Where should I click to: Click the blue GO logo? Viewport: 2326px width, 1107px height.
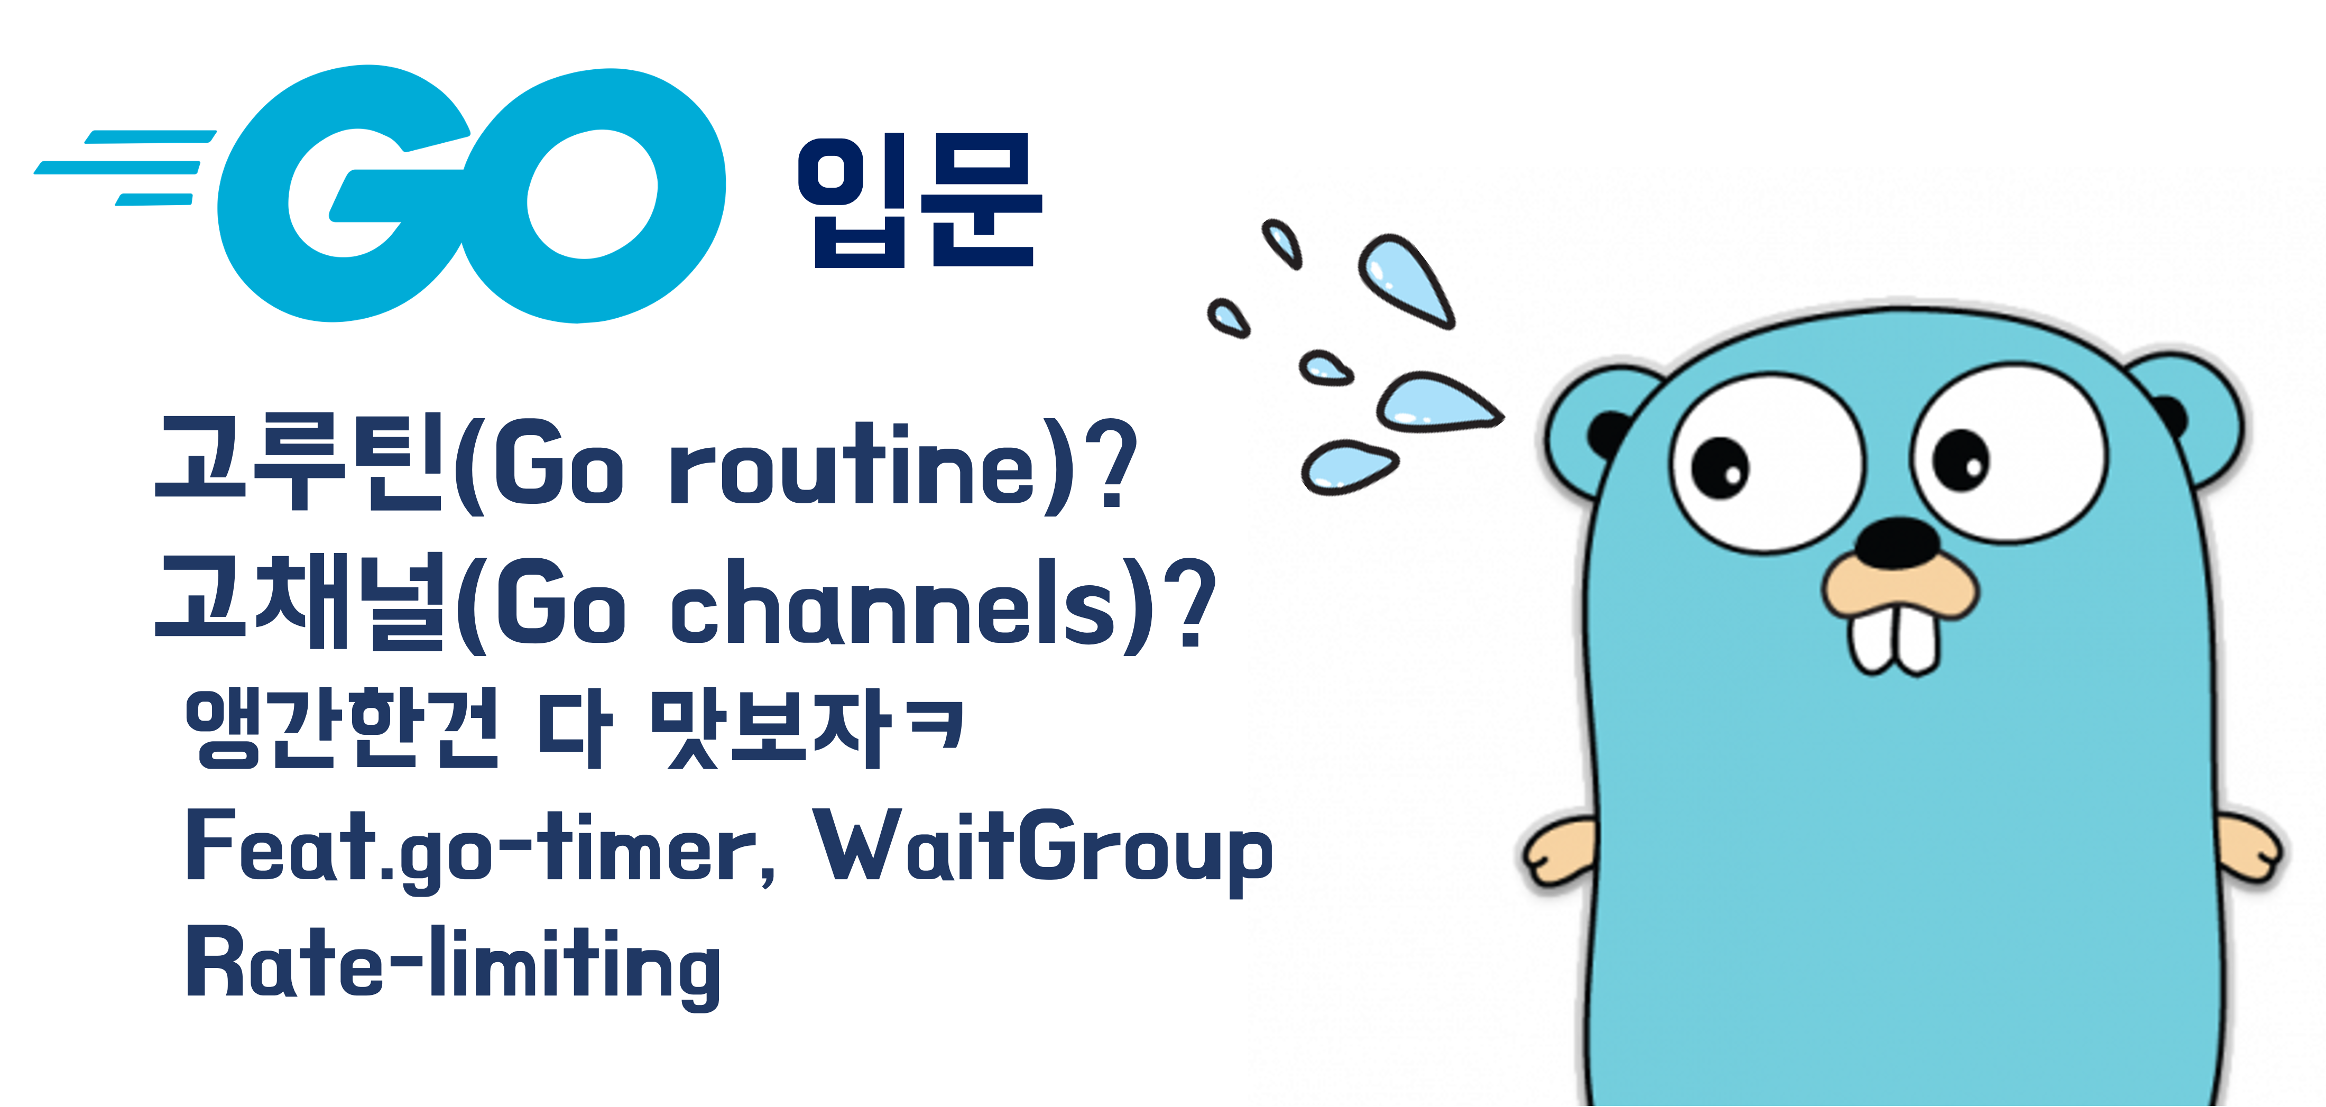click(469, 194)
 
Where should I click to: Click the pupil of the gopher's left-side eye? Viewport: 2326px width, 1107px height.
click(1720, 468)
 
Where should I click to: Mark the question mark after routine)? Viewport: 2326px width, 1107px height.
click(1109, 462)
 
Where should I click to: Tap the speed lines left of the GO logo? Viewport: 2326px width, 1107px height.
click(126, 167)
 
